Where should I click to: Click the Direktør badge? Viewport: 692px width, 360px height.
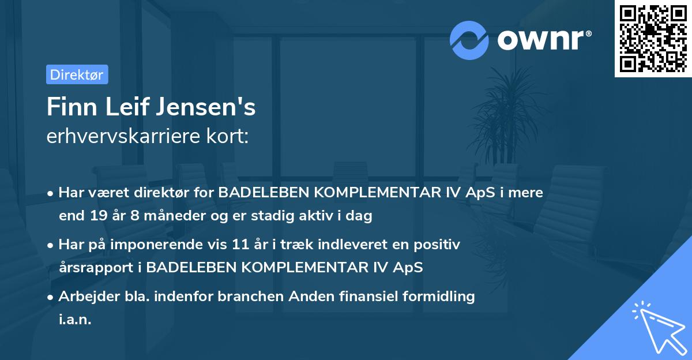(77, 74)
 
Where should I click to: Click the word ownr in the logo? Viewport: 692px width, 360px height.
(543, 40)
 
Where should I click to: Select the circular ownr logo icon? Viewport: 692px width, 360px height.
(469, 40)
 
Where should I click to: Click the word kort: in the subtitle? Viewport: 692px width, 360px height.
(230, 137)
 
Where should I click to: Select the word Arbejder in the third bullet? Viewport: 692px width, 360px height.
(84, 297)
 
